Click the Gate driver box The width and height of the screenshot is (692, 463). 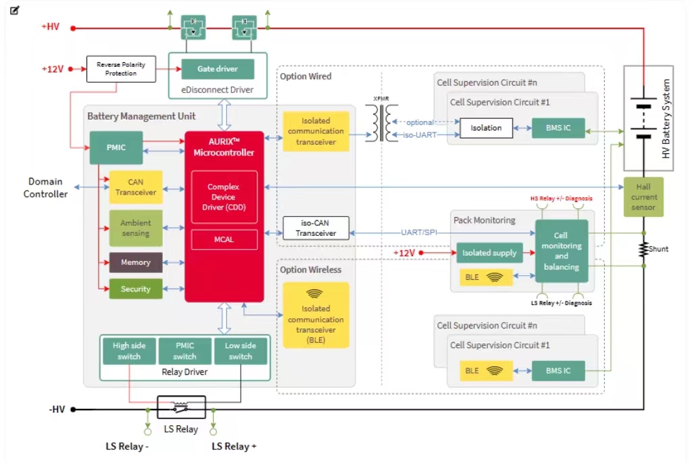[218, 69]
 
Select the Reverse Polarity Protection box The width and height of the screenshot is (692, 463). [121, 69]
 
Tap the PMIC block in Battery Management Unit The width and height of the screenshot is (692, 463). [116, 147]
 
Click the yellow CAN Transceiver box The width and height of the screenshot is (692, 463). [136, 187]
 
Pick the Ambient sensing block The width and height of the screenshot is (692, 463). [136, 228]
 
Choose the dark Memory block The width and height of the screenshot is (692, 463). [136, 262]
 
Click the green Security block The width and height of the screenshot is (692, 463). [136, 289]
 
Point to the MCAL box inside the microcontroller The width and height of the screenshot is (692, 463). [224, 239]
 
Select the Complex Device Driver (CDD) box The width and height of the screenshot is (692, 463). [224, 197]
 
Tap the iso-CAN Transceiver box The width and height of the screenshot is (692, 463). [316, 228]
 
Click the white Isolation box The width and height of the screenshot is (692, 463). [486, 128]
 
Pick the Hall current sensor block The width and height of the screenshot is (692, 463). [643, 197]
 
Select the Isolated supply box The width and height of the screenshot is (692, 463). [489, 253]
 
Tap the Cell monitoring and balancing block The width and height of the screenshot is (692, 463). [561, 251]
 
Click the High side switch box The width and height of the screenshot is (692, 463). [129, 351]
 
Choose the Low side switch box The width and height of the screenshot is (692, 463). [240, 351]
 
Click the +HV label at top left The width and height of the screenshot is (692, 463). [51, 27]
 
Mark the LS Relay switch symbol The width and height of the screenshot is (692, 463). [181, 408]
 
